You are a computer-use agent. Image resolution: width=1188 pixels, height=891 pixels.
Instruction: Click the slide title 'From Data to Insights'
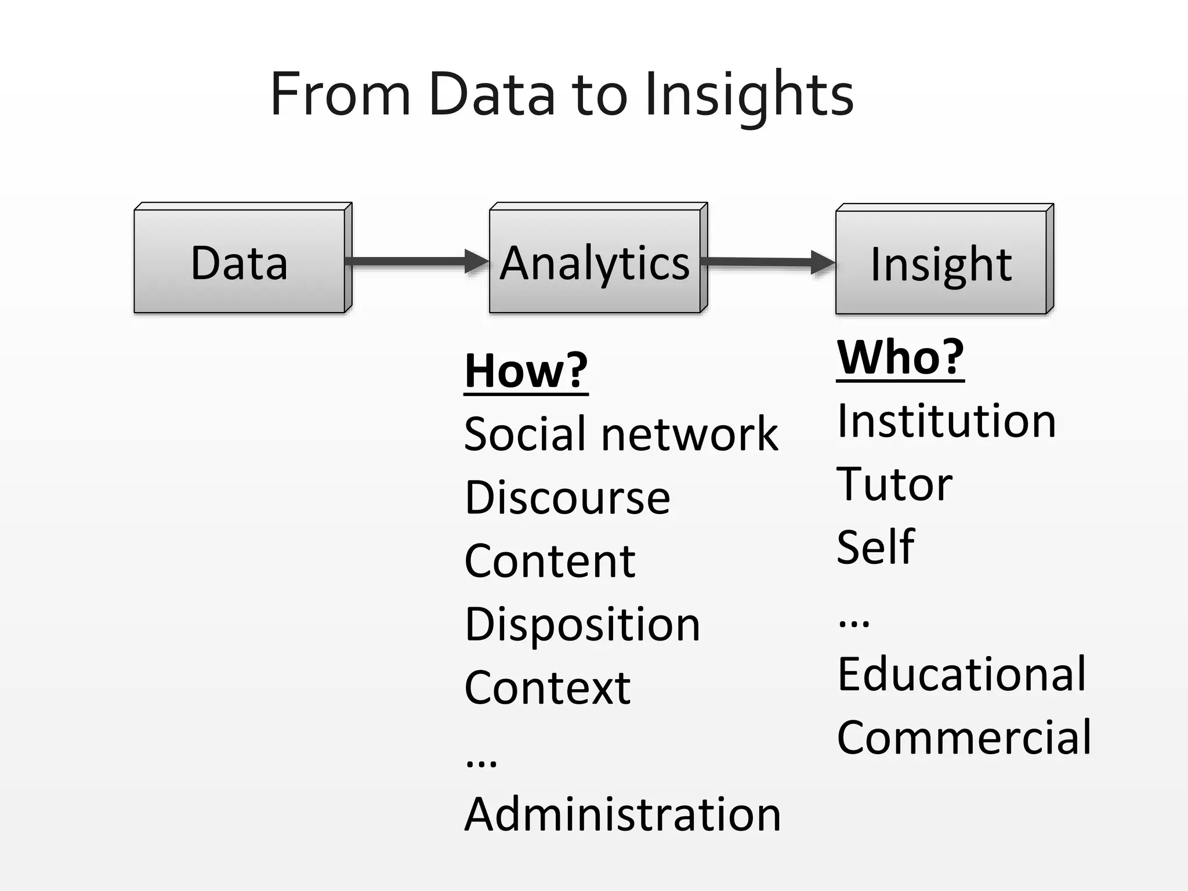[562, 95]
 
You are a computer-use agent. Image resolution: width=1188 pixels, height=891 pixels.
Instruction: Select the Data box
[240, 262]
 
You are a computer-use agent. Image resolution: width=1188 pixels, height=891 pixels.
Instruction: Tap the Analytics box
[595, 262]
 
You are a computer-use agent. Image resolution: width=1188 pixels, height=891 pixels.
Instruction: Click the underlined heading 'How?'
[526, 371]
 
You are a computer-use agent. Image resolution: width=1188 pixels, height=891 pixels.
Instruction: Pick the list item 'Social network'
[621, 434]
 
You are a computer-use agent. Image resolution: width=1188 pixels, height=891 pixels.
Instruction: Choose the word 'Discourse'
[567, 498]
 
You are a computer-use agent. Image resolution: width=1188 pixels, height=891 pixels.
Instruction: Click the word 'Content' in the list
[550, 561]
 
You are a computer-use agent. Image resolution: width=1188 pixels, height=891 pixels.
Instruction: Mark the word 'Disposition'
[582, 625]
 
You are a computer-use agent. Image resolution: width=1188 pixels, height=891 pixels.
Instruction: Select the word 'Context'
[547, 688]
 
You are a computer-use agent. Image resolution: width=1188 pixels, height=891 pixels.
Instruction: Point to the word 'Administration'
[622, 814]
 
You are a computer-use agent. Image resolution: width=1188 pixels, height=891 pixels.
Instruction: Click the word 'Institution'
[946, 421]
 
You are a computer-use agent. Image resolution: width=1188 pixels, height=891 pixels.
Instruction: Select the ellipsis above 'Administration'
[481, 762]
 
